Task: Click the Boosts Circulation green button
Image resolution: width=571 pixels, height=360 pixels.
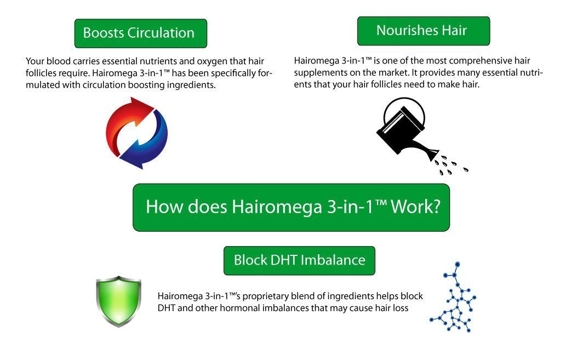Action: coord(141,33)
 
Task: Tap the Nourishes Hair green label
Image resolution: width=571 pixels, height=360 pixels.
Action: coord(424,31)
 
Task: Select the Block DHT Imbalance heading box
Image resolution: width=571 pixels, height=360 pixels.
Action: coord(299,261)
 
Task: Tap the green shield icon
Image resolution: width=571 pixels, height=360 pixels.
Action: coord(119,301)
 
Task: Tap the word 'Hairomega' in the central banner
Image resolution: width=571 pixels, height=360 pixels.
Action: coord(277,207)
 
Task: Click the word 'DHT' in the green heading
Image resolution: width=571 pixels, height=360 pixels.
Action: coord(284,260)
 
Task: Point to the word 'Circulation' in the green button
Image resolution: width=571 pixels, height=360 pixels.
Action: coord(161,33)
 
